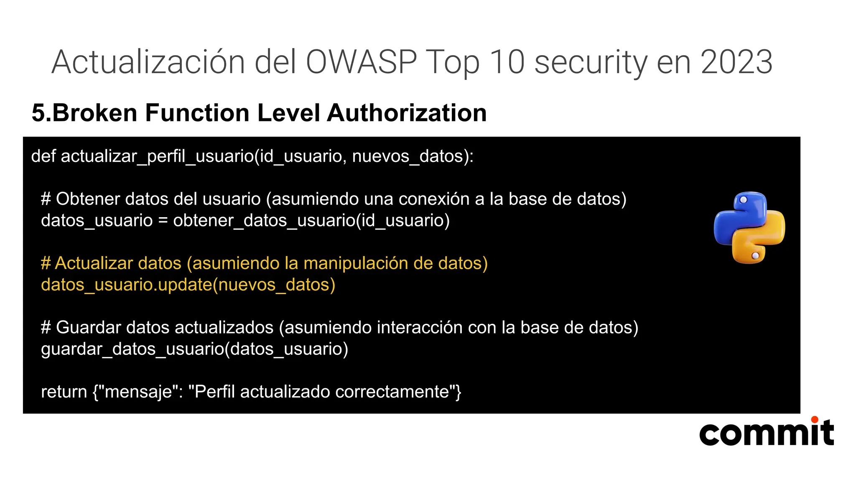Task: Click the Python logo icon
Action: click(x=749, y=228)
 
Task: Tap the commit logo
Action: click(x=767, y=433)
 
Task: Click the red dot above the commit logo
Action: click(x=814, y=419)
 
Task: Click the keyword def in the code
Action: click(x=43, y=156)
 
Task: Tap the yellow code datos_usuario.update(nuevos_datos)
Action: click(x=188, y=285)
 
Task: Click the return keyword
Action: click(x=64, y=392)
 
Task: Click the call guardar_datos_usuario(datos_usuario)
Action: click(x=194, y=349)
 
